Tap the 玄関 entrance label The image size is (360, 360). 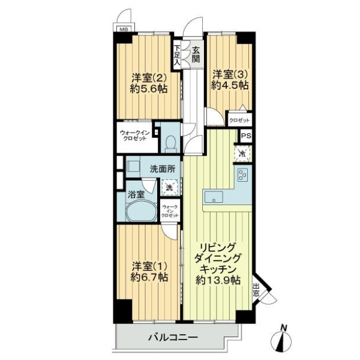196,55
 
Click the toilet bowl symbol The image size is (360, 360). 171,144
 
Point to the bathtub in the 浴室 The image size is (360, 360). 142,211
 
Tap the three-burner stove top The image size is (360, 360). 242,175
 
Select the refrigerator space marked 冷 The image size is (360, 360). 242,154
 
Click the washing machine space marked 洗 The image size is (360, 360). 169,188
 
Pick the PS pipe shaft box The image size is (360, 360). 246,136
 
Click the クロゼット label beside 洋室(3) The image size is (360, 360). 239,121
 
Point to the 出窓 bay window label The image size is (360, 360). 256,290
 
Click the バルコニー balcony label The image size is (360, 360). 173,337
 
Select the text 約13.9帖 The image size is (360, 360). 218,280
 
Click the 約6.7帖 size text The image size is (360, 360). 149,277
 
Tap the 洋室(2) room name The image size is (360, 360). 149,78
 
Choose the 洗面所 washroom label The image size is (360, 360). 163,169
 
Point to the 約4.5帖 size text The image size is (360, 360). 230,85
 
